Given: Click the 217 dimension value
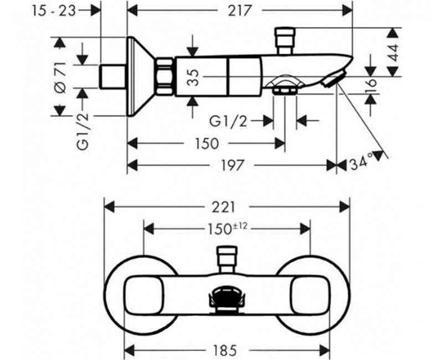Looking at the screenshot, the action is coord(240,11).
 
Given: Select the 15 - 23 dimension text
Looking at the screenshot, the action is coord(54,11).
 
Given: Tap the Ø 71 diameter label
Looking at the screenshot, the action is coord(60,78).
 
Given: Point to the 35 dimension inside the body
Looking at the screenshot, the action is coord(194,78).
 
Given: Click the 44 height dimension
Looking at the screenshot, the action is coord(393,53).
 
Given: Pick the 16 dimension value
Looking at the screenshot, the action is coord(372,83).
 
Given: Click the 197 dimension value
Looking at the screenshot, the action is coord(233,165).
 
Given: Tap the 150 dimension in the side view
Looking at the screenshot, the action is coord(207,143).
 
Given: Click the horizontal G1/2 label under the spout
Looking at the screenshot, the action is coord(228,121).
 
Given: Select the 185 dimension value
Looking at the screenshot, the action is coord(225,351).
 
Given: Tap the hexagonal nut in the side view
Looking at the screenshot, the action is coord(164,76).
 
